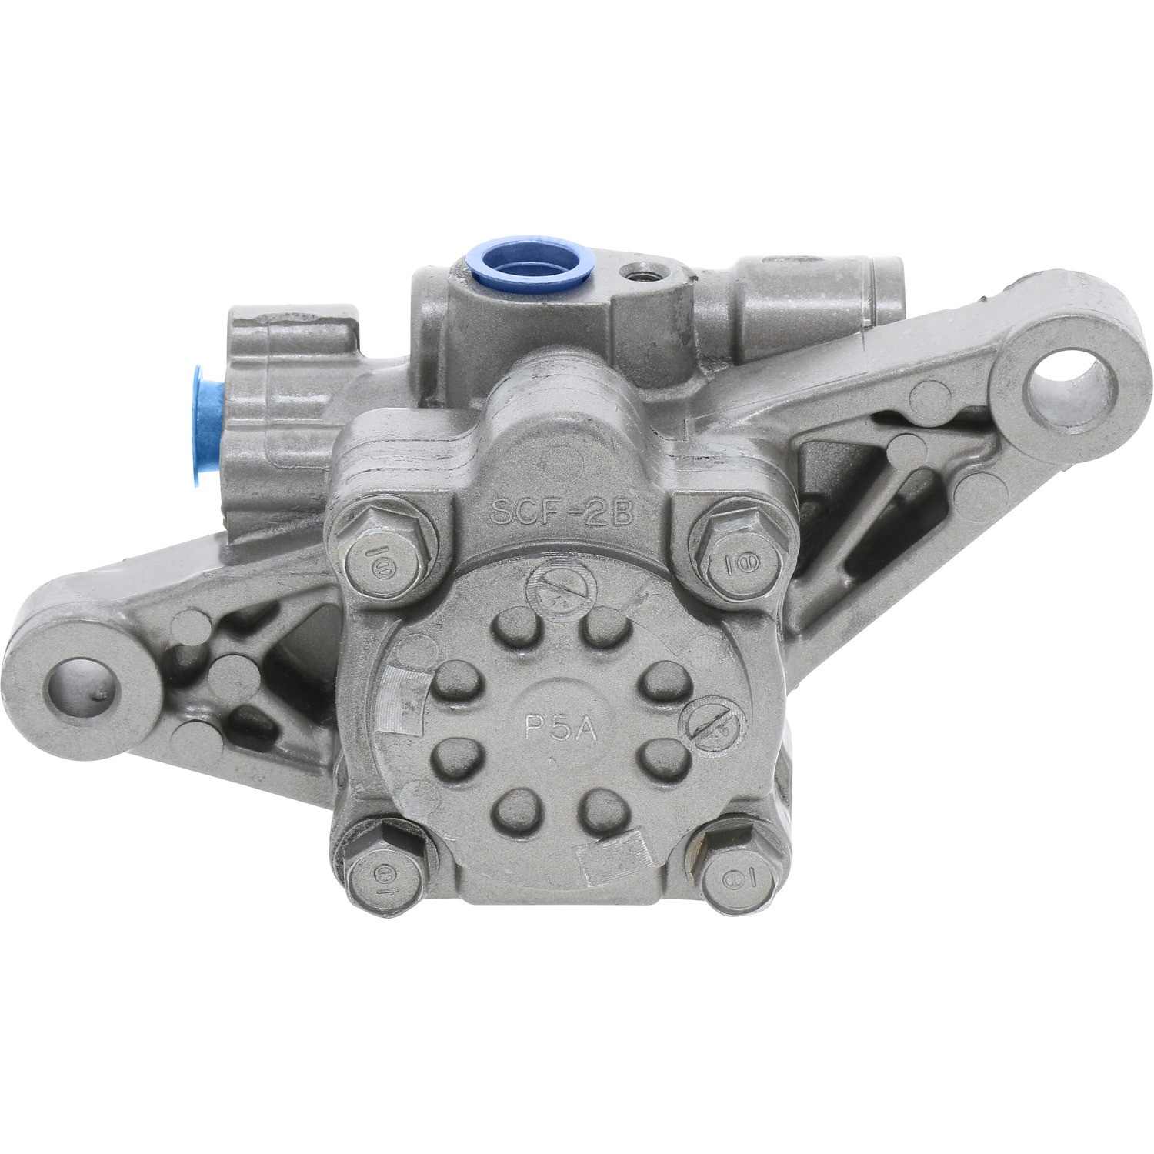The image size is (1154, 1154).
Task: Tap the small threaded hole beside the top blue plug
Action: coord(638,271)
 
